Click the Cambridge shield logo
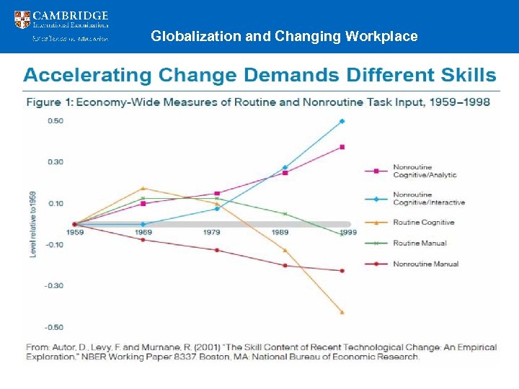pyautogui.click(x=22, y=19)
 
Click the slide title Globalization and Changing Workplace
pyautogui.click(x=284, y=36)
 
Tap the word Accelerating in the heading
pyautogui.click(x=87, y=75)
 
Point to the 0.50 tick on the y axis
pyautogui.click(x=56, y=120)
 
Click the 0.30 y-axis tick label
pyautogui.click(x=56, y=162)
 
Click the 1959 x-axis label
pyautogui.click(x=74, y=233)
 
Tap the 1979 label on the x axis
pyautogui.click(x=212, y=233)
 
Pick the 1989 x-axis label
pyautogui.click(x=280, y=233)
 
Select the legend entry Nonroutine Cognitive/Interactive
pyautogui.click(x=428, y=199)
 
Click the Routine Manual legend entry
pyautogui.click(x=420, y=243)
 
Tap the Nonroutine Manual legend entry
pyautogui.click(x=425, y=264)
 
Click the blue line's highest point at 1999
pyautogui.click(x=342, y=121)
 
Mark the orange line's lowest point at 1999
pyautogui.click(x=342, y=313)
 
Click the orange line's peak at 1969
pyautogui.click(x=143, y=189)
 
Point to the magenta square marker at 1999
pyautogui.click(x=342, y=147)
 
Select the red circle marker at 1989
pyautogui.click(x=285, y=266)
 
